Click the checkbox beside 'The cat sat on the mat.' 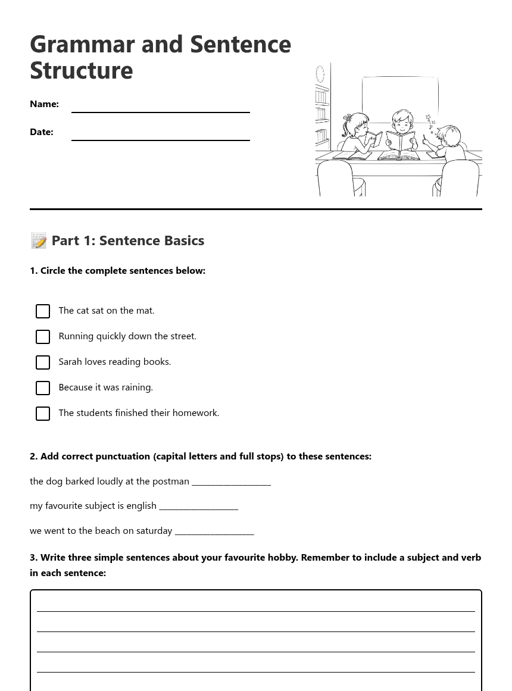click(43, 311)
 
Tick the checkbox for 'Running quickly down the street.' click(43, 337)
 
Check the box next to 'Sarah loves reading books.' click(43, 362)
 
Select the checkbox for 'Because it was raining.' click(43, 388)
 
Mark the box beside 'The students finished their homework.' click(43, 414)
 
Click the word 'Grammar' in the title click(83, 45)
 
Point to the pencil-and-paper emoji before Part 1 click(39, 240)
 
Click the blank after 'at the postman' click(231, 482)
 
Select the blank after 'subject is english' click(199, 506)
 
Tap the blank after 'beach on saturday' click(214, 531)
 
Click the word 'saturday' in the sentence click(153, 531)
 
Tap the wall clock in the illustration click(320, 74)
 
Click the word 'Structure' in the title click(82, 71)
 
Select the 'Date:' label click(42, 132)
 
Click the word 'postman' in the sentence click(171, 481)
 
